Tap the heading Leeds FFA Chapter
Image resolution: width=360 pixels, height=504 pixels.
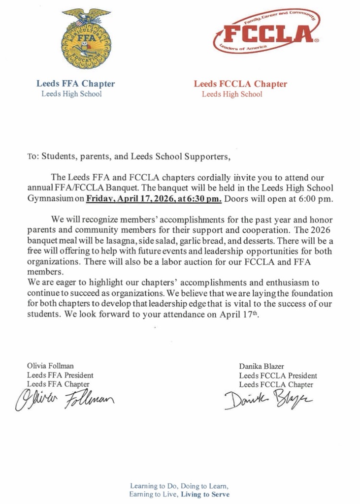click(75, 84)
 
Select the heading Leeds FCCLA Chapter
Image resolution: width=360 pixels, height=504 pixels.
click(240, 84)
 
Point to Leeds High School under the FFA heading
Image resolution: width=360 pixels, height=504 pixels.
click(71, 94)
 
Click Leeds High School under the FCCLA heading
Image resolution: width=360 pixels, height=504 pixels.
click(232, 94)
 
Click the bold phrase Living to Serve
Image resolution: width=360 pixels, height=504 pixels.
click(205, 494)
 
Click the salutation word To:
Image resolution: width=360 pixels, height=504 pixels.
click(33, 157)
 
